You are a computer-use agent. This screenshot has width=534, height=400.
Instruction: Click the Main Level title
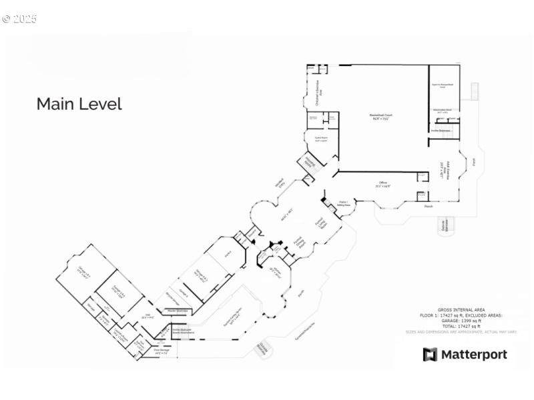pyautogui.click(x=79, y=104)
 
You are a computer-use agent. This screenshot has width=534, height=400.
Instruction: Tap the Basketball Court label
pyautogui.click(x=380, y=117)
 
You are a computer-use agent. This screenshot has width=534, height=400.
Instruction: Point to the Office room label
pyautogui.click(x=382, y=186)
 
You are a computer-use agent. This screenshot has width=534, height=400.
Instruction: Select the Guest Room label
pyautogui.click(x=321, y=139)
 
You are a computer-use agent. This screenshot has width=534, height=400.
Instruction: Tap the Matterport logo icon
pyautogui.click(x=430, y=355)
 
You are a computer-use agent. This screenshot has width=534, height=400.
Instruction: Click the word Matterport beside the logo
pyautogui.click(x=474, y=355)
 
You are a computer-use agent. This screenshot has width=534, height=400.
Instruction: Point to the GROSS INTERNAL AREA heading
pyautogui.click(x=460, y=310)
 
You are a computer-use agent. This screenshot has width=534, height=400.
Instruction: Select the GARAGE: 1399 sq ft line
pyautogui.click(x=460, y=321)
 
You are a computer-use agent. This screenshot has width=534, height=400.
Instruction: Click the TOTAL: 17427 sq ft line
pyautogui.click(x=460, y=326)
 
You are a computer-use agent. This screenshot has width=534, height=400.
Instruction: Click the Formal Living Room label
pyautogui.click(x=320, y=225)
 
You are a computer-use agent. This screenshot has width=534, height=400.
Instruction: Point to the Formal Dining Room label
pyautogui.click(x=300, y=243)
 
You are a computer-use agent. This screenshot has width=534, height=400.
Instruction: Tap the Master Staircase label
pyautogui.click(x=177, y=311)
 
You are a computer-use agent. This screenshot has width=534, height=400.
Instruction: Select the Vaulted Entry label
pyautogui.click(x=280, y=183)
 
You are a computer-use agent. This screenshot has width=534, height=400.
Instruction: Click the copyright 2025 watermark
pyautogui.click(x=19, y=19)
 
